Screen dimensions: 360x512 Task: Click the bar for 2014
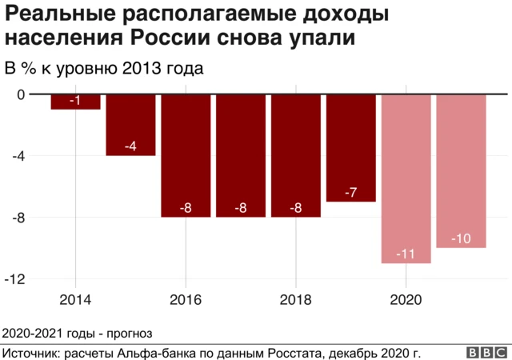pos(75,102)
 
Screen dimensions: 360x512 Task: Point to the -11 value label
pos(406,254)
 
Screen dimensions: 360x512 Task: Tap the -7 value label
pos(350,193)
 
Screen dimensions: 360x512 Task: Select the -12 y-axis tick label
pos(15,279)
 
